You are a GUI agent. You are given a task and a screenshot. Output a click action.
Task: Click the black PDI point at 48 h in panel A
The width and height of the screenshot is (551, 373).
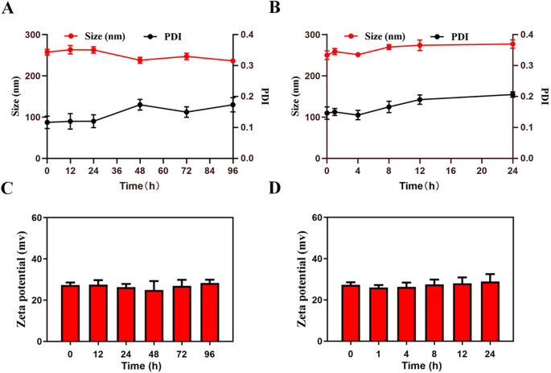pyautogui.click(x=140, y=105)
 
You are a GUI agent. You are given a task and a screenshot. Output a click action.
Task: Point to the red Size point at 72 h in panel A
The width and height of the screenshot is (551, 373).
pyautogui.click(x=187, y=56)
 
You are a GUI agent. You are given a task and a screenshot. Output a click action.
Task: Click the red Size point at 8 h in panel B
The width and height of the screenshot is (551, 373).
pyautogui.click(x=389, y=47)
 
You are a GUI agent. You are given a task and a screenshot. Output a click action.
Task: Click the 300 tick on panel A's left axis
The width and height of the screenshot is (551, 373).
pyautogui.click(x=33, y=35)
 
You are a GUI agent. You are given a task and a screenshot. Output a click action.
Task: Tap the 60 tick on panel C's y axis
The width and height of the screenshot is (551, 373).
pyautogui.click(x=37, y=218)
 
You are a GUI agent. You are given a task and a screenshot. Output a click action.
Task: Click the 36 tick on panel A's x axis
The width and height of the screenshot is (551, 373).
pyautogui.click(x=117, y=171)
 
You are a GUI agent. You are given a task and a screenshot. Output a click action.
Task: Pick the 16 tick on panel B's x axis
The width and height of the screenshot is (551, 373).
pyautogui.click(x=451, y=171)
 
